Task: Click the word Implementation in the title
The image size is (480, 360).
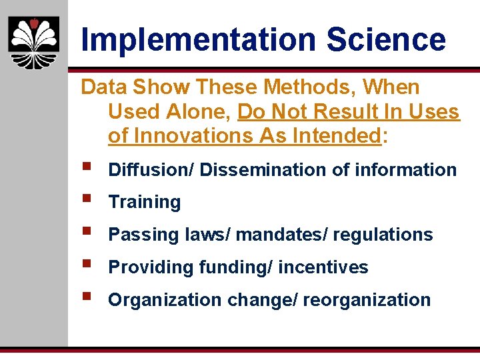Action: pyautogui.click(x=198, y=40)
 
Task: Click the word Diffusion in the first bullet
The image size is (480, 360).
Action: pyautogui.click(x=149, y=169)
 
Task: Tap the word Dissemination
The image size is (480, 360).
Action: pyautogui.click(x=263, y=169)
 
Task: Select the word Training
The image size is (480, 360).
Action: pyautogui.click(x=145, y=202)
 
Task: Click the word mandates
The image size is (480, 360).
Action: pyautogui.click(x=276, y=235)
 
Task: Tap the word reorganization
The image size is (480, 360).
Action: pyautogui.click(x=367, y=300)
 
